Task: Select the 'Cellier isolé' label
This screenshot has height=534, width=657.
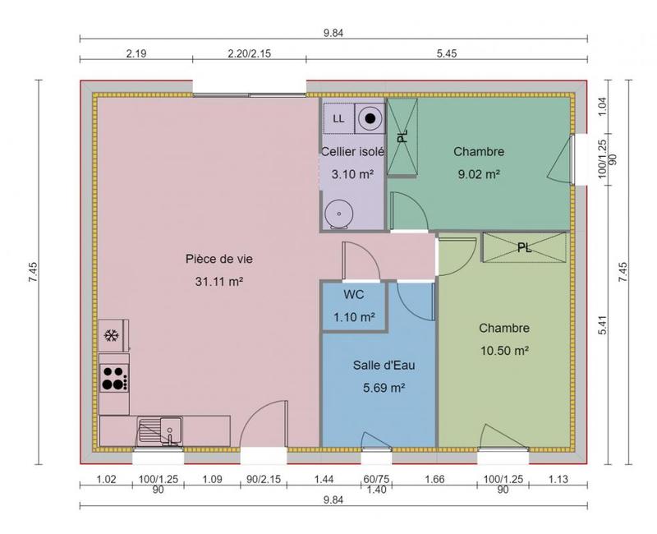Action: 352,152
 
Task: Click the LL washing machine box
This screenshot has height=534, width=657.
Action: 338,118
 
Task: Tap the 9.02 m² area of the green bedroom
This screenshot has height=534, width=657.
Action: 477,173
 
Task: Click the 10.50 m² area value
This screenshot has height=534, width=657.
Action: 503,349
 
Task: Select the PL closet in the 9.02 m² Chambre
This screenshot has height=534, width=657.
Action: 402,136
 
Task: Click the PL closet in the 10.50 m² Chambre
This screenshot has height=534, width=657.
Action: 524,246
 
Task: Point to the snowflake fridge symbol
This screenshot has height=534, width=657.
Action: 110,335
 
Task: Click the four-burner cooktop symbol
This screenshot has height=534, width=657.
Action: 113,378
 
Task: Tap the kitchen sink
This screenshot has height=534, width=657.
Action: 160,430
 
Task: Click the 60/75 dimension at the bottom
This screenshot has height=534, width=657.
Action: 376,479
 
